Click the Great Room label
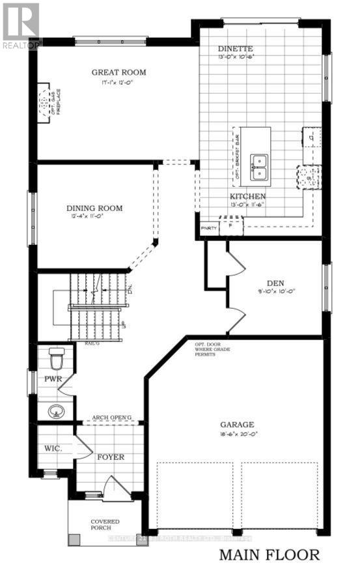coord(118,72)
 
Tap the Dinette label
coord(236,49)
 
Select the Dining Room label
coord(94,209)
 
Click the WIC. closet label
coord(52,450)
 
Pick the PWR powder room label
coord(52,378)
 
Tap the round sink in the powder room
coord(55,412)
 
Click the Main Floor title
coord(269,555)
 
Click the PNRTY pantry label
coord(208,228)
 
